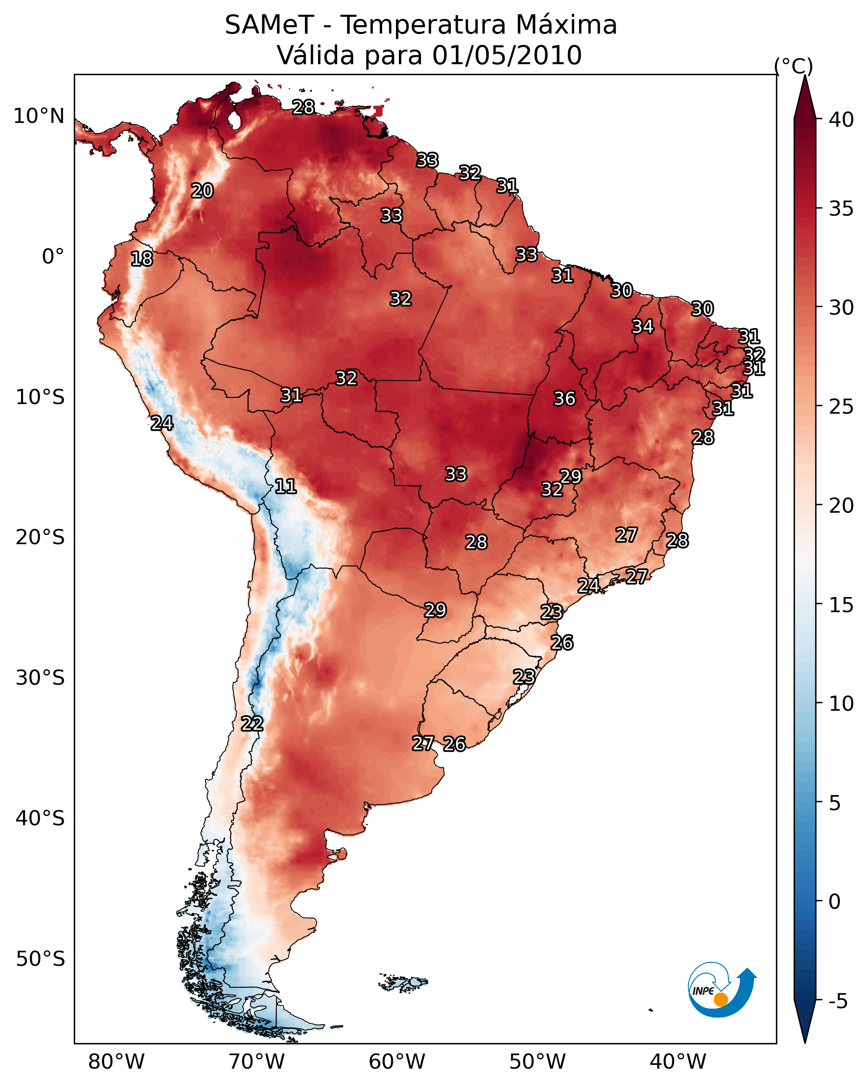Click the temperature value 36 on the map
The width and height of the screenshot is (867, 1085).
pyautogui.click(x=564, y=399)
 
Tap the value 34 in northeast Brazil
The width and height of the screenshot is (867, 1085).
pyautogui.click(x=643, y=326)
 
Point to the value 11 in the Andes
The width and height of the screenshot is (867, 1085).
pyautogui.click(x=285, y=486)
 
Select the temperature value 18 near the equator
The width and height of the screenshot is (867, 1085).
pyautogui.click(x=141, y=259)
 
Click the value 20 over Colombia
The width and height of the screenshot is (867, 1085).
pyautogui.click(x=202, y=191)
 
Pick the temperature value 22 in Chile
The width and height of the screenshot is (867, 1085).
pyautogui.click(x=252, y=724)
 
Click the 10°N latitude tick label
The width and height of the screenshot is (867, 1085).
pyautogui.click(x=39, y=116)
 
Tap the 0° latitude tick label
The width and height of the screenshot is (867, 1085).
pyautogui.click(x=53, y=257)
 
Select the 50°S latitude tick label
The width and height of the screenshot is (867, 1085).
pyautogui.click(x=40, y=959)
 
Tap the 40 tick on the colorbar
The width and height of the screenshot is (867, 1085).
pyautogui.click(x=841, y=120)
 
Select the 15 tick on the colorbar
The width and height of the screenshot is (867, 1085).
pyautogui.click(x=841, y=605)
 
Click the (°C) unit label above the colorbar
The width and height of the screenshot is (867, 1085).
pyautogui.click(x=793, y=66)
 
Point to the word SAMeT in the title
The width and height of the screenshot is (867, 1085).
pyautogui.click(x=269, y=25)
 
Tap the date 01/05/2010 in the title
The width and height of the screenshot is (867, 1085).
pyautogui.click(x=507, y=55)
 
